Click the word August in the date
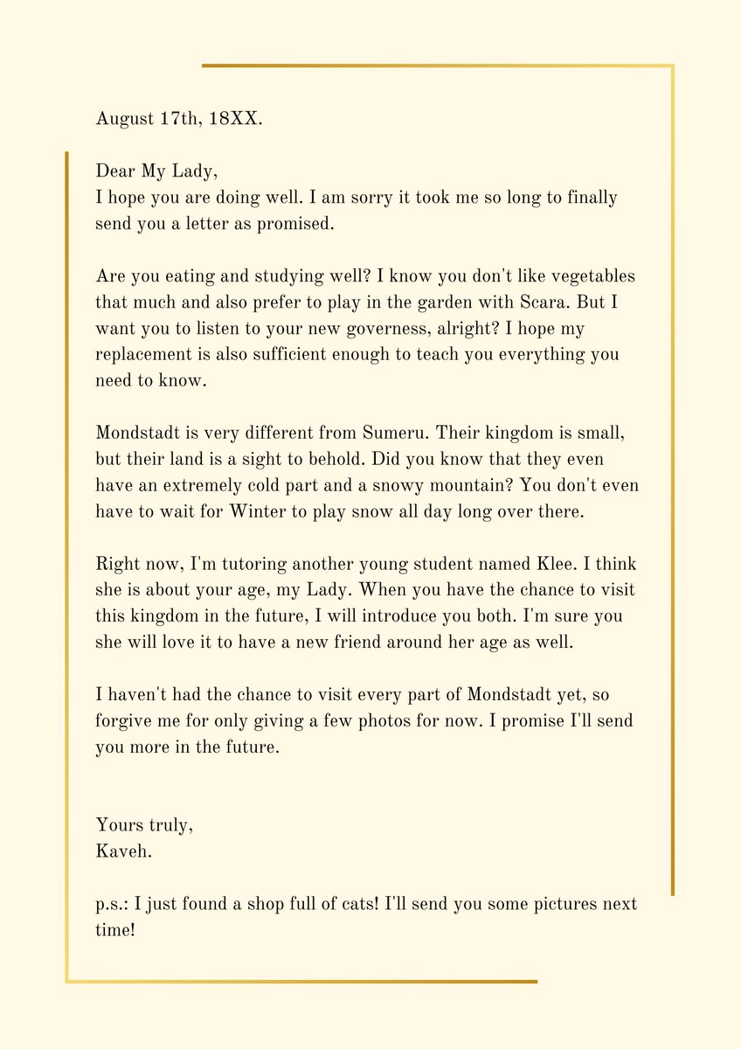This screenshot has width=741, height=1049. (x=123, y=120)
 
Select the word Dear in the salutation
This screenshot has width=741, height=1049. (x=115, y=171)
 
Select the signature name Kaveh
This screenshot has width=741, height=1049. (x=123, y=851)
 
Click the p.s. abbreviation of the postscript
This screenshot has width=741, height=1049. (x=112, y=904)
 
